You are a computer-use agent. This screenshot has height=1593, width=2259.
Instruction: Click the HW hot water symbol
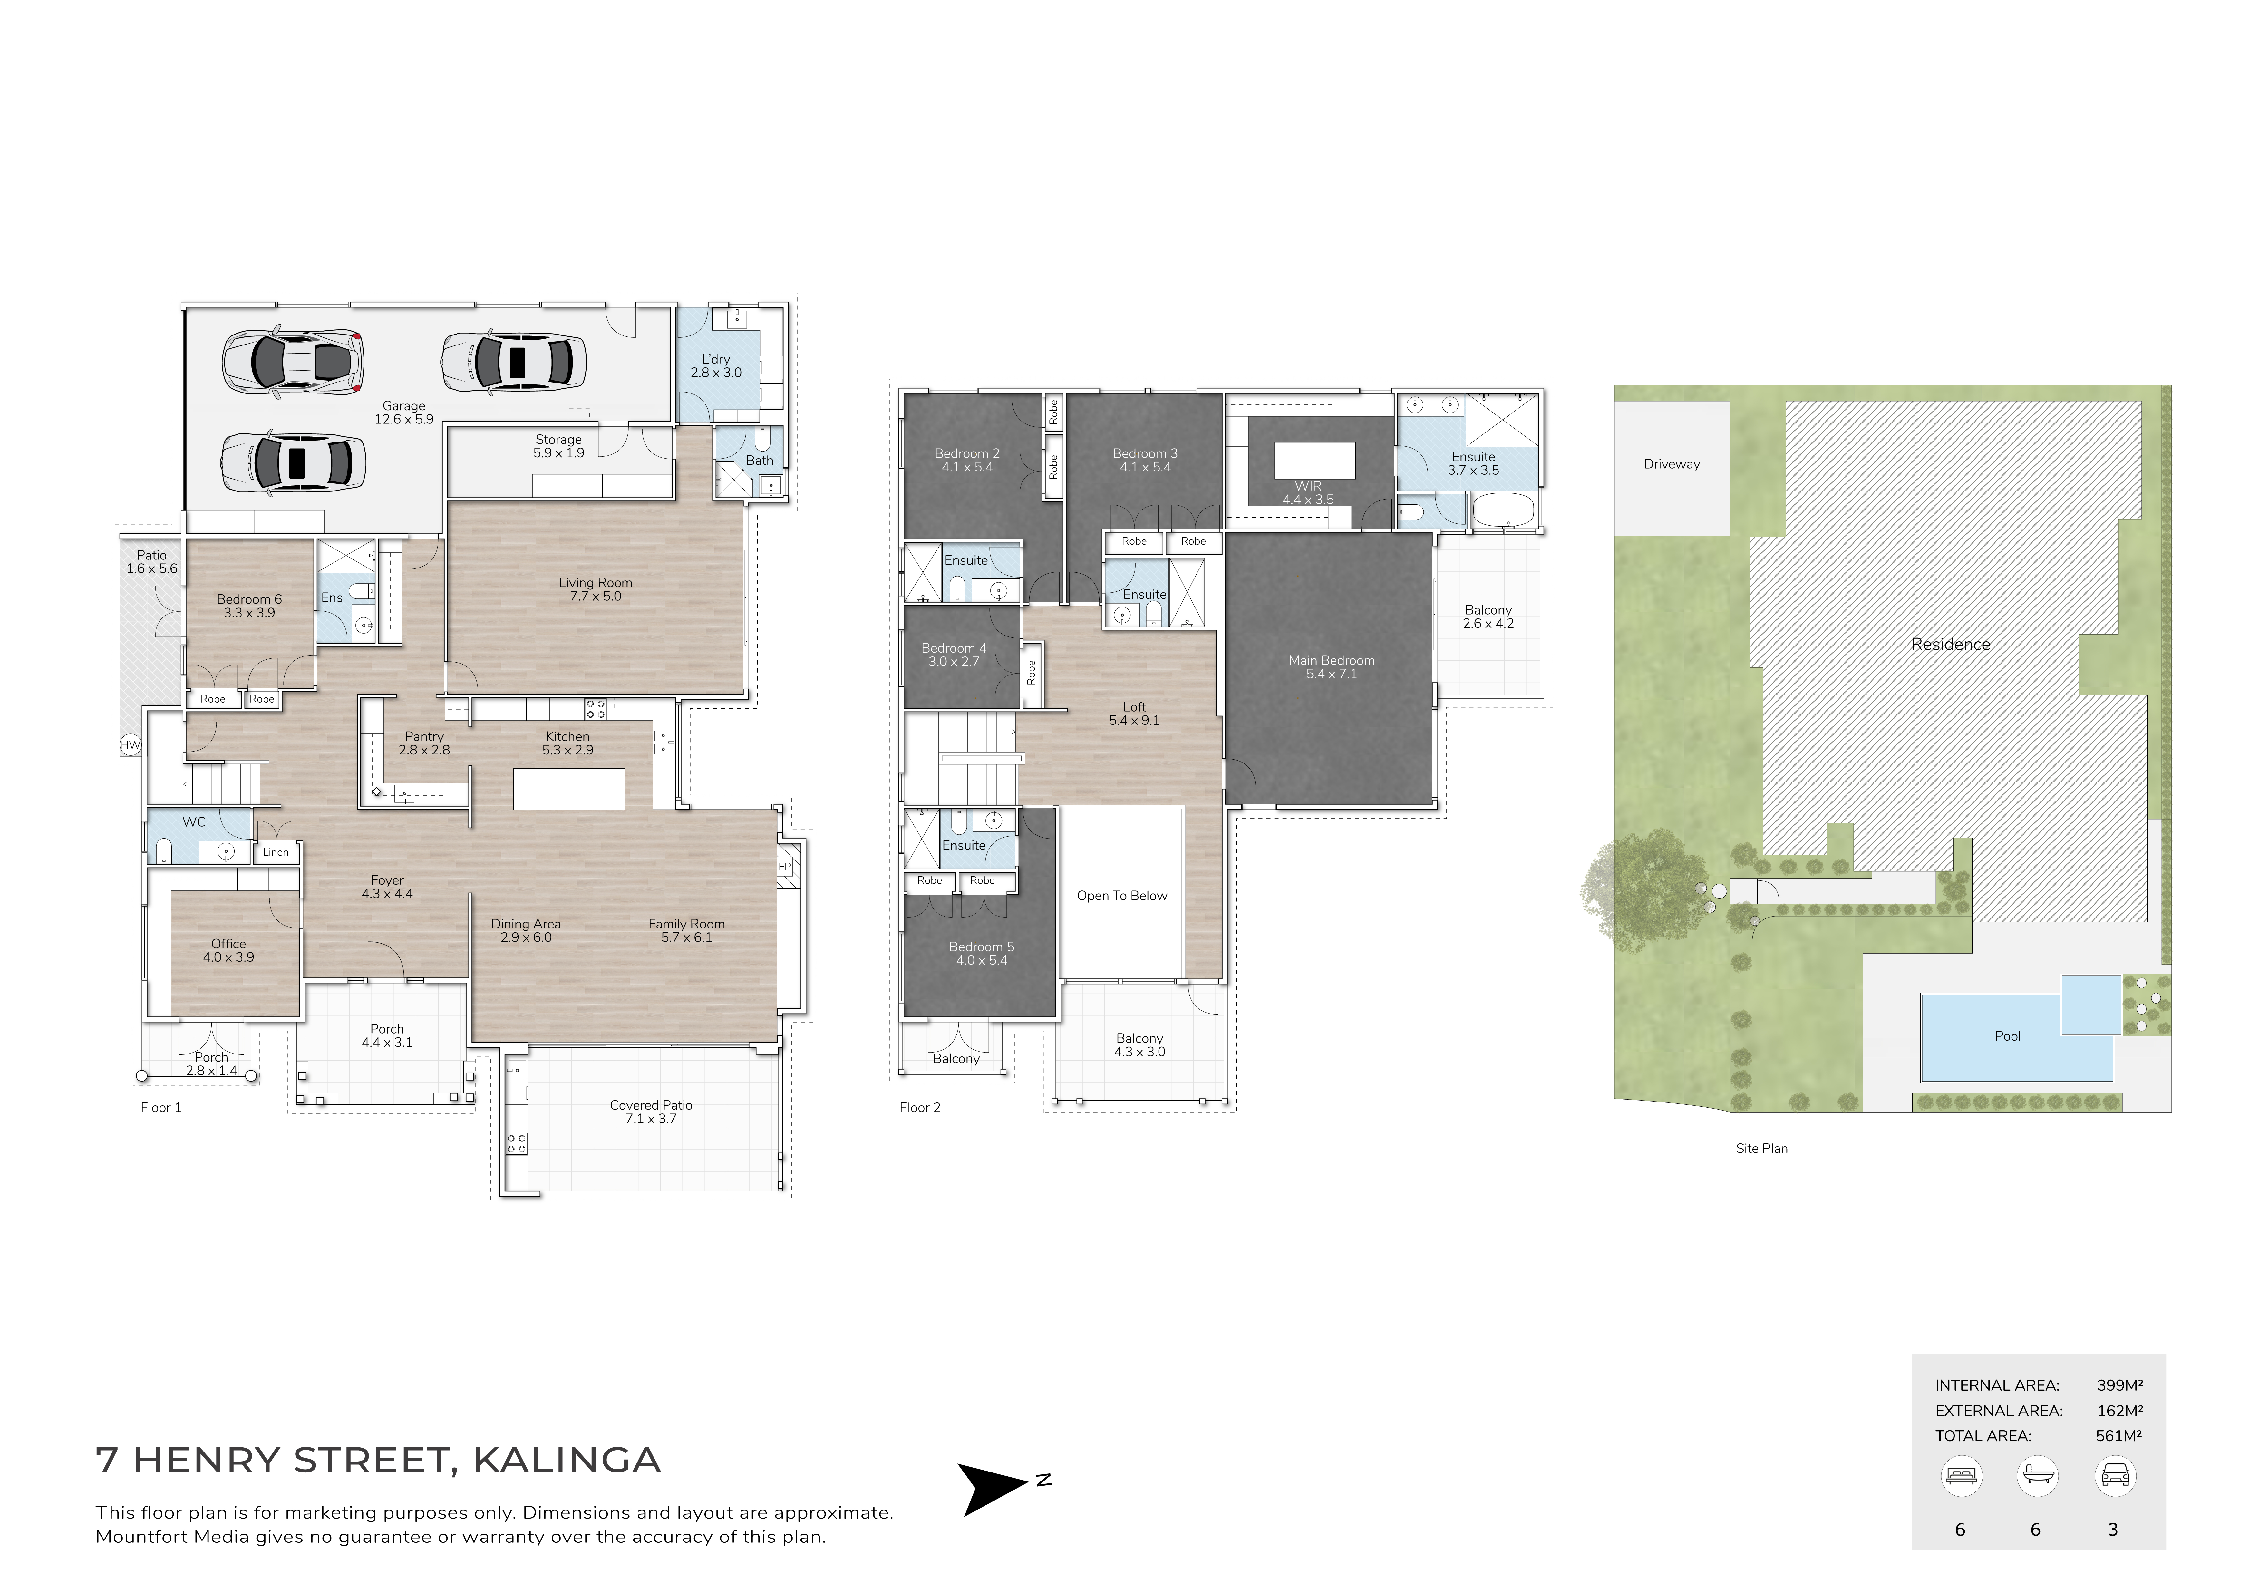click(130, 745)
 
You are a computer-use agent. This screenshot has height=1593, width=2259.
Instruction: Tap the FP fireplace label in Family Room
click(784, 867)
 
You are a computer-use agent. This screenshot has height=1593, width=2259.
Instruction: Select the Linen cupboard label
click(276, 852)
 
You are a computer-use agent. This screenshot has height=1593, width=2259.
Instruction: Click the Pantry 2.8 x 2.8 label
click(424, 743)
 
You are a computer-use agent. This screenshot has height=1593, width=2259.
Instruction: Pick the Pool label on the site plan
click(2007, 1036)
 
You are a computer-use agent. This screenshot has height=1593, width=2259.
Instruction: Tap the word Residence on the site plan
click(1950, 645)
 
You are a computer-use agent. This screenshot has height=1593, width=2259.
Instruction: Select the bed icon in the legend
click(1961, 1476)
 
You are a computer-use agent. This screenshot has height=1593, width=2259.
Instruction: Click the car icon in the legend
click(2114, 1476)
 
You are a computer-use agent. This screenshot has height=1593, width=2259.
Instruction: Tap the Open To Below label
click(1122, 895)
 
